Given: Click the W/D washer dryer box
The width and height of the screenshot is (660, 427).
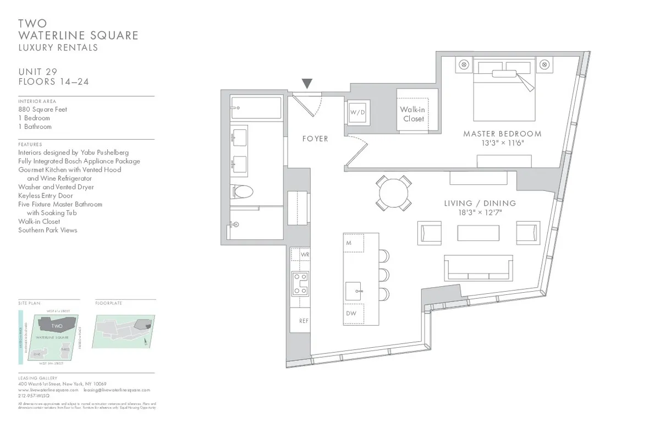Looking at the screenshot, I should pos(358,112).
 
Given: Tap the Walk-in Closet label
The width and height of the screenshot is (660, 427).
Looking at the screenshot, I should pos(413,114).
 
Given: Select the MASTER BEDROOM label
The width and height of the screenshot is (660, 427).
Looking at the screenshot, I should pos(502,134).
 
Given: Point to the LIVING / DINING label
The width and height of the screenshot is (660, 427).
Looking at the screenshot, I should pos(480,203).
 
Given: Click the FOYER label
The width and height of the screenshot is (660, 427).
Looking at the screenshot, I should pos(315,139).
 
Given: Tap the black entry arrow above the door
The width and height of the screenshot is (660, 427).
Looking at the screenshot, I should pos(307,84).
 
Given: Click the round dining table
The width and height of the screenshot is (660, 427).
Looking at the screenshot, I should pos(394,193).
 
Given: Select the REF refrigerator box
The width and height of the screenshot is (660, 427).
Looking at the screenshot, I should pos(303,321).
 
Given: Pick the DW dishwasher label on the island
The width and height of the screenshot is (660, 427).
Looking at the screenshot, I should pos(351,313).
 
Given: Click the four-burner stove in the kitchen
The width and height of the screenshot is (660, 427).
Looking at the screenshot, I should pos(300,283).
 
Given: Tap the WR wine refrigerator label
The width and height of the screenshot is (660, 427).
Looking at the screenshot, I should pos(304,255).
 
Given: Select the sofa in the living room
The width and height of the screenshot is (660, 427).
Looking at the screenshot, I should pos(479,268).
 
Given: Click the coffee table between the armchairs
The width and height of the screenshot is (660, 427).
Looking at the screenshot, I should pos(478,232).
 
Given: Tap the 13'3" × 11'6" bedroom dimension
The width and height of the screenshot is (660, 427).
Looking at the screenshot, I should pos(502,143).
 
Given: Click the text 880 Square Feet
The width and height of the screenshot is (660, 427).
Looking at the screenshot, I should pos(42,110).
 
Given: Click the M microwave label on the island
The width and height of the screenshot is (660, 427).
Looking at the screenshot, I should pos(349,243).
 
